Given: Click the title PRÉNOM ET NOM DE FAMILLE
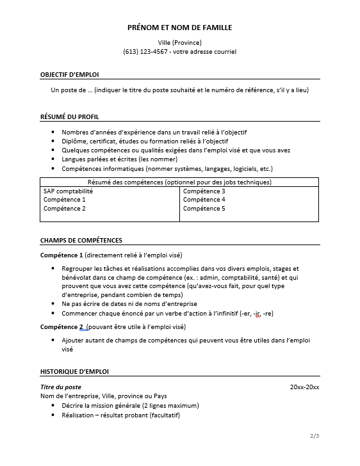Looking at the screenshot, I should [x=179, y=28].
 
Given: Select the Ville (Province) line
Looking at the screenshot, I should [x=179, y=42].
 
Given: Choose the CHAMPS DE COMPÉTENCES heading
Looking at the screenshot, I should [x=81, y=241].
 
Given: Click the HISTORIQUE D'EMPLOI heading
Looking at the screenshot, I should [x=74, y=371].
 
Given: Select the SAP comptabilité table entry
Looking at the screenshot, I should [x=68, y=191].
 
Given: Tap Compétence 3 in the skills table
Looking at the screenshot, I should [x=204, y=191].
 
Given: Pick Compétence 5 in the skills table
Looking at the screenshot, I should [x=204, y=208].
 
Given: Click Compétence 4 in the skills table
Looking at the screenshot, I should [x=204, y=200].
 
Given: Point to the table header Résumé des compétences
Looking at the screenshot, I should [x=179, y=182].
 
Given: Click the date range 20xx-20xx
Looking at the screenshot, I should [x=304, y=387].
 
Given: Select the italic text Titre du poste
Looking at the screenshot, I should [x=60, y=387].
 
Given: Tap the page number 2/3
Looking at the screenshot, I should [x=314, y=437].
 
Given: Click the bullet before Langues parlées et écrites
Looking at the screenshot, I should [x=53, y=159].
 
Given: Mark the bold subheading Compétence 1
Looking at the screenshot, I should [x=62, y=255].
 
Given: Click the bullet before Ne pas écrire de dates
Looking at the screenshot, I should [x=53, y=304].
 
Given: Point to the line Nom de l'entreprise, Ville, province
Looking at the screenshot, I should [x=103, y=396].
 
